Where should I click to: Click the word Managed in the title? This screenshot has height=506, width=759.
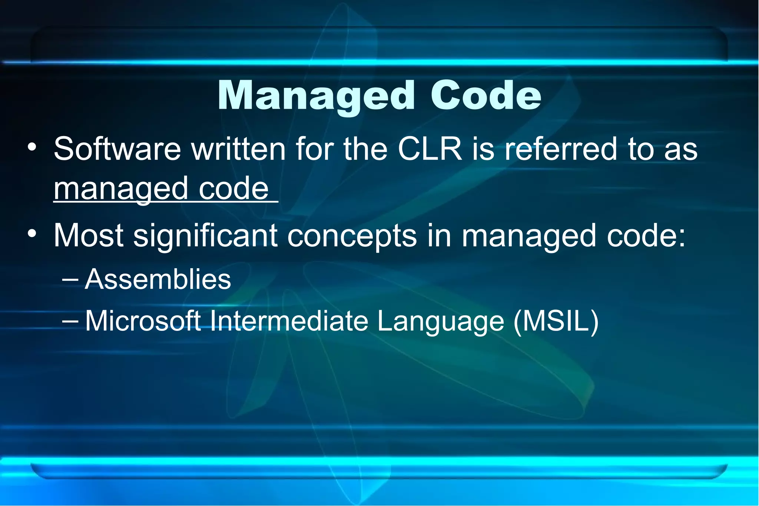[316, 96]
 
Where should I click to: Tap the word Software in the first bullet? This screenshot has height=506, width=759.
[117, 149]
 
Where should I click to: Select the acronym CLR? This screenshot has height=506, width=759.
[430, 149]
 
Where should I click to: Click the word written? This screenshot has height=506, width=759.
[238, 149]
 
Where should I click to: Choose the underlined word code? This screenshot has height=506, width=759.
[233, 189]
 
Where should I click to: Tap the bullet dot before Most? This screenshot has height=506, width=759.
[32, 234]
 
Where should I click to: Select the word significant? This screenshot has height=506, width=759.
[205, 236]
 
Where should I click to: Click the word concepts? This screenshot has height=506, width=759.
[352, 236]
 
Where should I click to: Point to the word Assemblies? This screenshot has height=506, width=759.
[158, 279]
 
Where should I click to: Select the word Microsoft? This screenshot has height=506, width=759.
[143, 321]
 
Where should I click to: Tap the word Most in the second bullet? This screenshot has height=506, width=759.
[89, 236]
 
